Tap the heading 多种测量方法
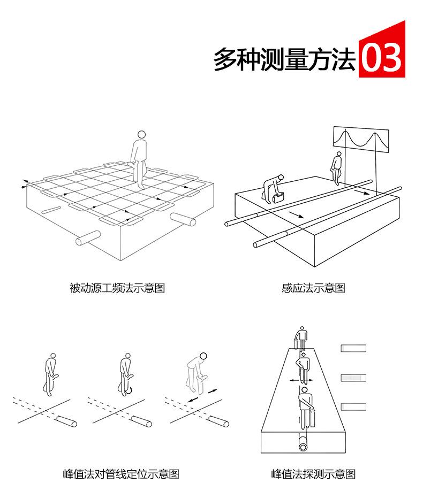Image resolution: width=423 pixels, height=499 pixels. [x=284, y=59]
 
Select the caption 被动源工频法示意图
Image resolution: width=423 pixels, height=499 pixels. [x=117, y=288]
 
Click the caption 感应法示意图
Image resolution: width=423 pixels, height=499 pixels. [x=313, y=288]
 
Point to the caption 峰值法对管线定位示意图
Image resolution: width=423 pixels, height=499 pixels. [x=121, y=474]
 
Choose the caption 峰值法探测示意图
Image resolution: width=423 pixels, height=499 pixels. [x=313, y=474]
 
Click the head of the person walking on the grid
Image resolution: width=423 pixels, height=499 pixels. [x=141, y=135]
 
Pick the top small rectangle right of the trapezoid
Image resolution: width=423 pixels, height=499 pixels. [x=353, y=349]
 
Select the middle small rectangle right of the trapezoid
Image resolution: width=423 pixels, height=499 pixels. [x=353, y=378]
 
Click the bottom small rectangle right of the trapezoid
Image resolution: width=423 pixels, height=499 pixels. [x=353, y=406]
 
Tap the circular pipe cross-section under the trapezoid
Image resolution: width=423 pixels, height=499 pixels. [x=304, y=445]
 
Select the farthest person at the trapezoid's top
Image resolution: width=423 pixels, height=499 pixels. [x=301, y=337]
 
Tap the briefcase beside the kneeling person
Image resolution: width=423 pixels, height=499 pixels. [x=278, y=197]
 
